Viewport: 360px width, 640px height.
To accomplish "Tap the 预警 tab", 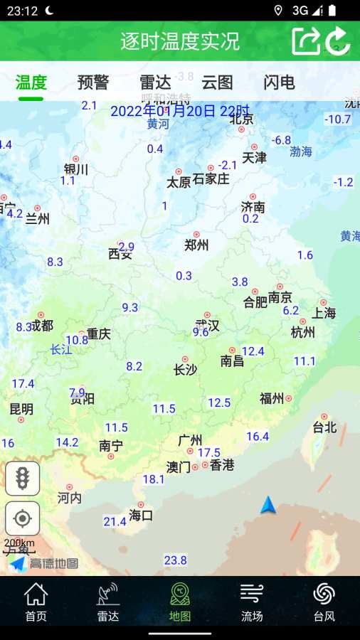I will pyautogui.click(x=93, y=82).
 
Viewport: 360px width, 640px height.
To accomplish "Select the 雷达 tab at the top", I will pyautogui.click(x=155, y=82).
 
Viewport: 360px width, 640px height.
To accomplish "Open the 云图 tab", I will pyautogui.click(x=217, y=82).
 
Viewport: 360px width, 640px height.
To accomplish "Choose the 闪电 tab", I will pyautogui.click(x=279, y=82).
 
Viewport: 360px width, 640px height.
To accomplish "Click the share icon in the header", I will pyautogui.click(x=306, y=41).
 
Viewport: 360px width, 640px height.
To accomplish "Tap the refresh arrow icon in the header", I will pyautogui.click(x=338, y=41).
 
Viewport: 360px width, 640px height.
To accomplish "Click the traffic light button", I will pyautogui.click(x=23, y=478).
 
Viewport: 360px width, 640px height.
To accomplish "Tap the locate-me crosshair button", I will pyautogui.click(x=23, y=518).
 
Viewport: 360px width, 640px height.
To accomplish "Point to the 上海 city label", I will pyautogui.click(x=324, y=313).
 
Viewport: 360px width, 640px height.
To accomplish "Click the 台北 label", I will pyautogui.click(x=324, y=427).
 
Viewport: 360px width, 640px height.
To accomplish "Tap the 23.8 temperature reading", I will pyautogui.click(x=175, y=560).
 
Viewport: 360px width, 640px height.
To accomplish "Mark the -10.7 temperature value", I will pyautogui.click(x=337, y=119).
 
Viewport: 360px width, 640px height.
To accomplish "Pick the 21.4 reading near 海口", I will pyautogui.click(x=115, y=522).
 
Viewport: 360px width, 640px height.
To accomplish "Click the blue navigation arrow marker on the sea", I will pyautogui.click(x=268, y=506).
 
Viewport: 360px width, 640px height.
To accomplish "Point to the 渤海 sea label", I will pyautogui.click(x=301, y=151).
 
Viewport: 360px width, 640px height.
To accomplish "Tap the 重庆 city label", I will pyautogui.click(x=99, y=334).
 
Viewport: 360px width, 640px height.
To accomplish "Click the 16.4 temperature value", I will pyautogui.click(x=258, y=437).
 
